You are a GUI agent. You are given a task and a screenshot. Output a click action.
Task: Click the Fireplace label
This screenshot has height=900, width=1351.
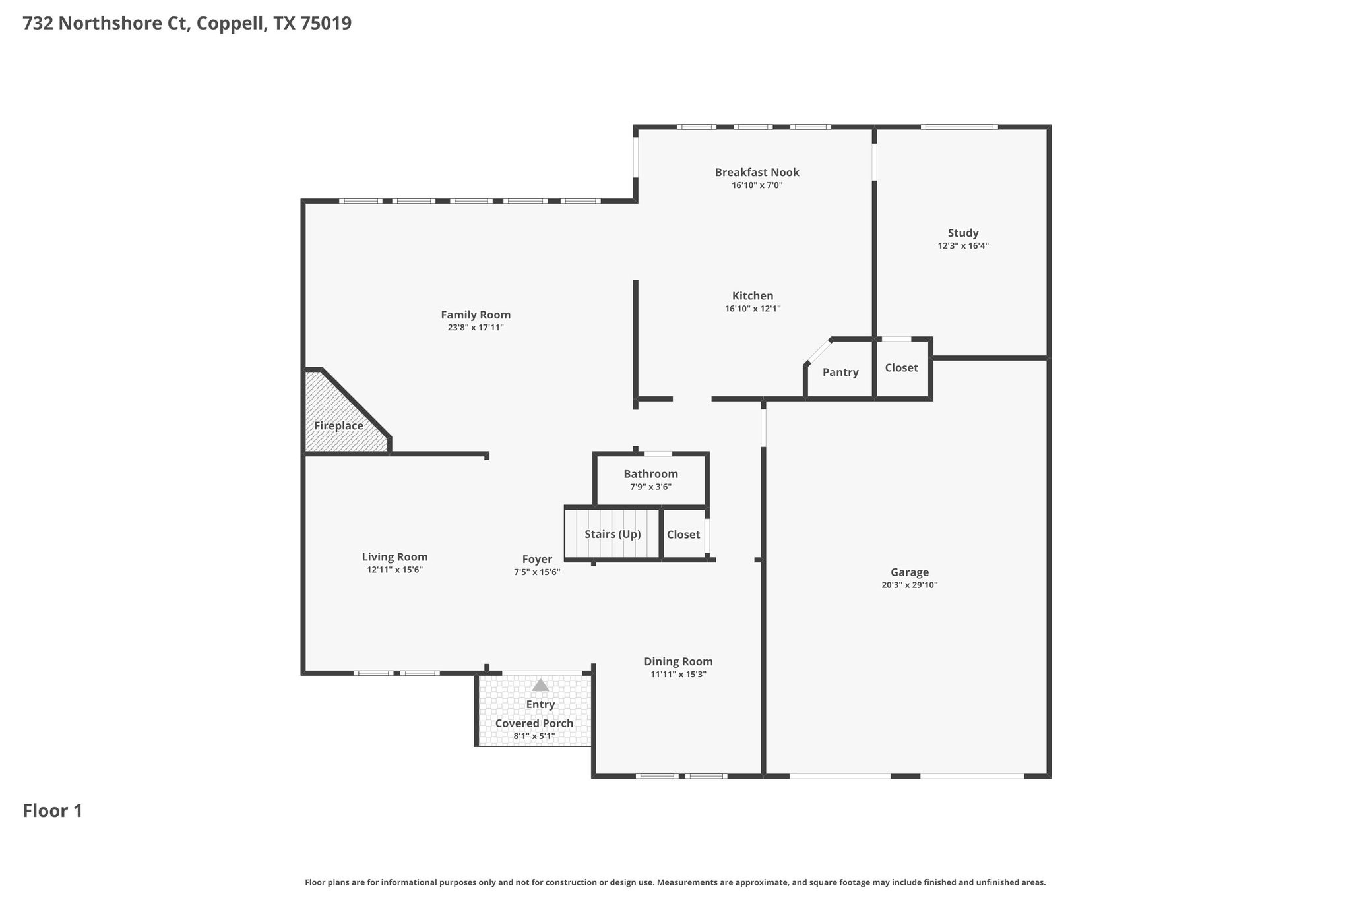coord(338,426)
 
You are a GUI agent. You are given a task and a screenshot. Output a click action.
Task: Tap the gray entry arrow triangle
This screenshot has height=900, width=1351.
coord(540,686)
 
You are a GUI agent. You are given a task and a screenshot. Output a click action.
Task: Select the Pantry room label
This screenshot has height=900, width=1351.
coord(840,373)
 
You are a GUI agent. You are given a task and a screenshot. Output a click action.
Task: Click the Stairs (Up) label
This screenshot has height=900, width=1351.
coord(612,534)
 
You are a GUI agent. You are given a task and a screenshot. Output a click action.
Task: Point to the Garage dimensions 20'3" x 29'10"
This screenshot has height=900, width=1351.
coord(909,585)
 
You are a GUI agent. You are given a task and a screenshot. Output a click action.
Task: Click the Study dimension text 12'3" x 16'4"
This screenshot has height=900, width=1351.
coord(963,246)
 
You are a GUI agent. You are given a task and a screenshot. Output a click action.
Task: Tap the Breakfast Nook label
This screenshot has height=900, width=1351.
coord(757,172)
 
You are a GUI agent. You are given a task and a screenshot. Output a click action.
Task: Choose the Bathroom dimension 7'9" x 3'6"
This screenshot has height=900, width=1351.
coord(650,487)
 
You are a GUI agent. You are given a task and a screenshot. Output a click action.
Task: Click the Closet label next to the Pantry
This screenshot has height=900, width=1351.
coord(901,368)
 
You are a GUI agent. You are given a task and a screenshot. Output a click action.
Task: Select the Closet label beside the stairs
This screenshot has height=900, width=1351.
coord(683,535)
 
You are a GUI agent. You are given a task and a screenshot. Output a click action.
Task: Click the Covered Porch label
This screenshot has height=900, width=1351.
coord(534,723)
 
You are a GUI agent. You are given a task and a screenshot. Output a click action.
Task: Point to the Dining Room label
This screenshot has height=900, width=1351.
coord(678,661)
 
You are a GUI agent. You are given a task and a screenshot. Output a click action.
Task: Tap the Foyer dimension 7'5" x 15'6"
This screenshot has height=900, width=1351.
coord(537,572)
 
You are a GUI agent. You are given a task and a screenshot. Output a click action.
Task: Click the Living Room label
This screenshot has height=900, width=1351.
coord(394,557)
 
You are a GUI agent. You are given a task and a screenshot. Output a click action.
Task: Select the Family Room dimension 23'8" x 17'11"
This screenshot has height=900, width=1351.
coord(476,328)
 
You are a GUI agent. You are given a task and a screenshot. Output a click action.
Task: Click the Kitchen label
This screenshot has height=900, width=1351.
coord(753,296)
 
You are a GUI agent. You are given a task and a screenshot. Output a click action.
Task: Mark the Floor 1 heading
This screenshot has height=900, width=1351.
coord(53,811)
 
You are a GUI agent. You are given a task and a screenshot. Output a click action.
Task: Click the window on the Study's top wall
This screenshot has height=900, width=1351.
coord(958,127)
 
